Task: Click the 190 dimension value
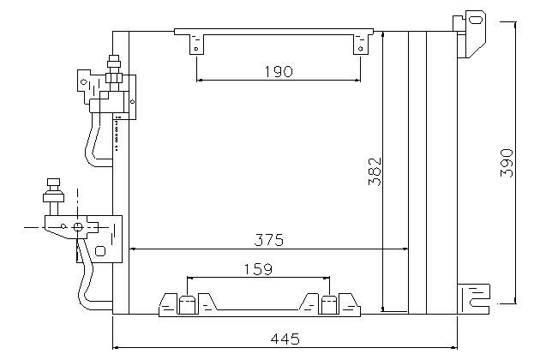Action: click(x=279, y=72)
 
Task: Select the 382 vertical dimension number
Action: click(x=375, y=171)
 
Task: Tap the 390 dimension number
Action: click(x=507, y=163)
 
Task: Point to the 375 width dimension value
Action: click(x=269, y=240)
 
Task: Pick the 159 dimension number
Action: click(x=258, y=269)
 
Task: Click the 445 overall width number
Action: click(x=285, y=339)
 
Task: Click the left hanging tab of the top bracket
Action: click(x=196, y=44)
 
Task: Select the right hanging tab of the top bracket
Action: click(x=361, y=44)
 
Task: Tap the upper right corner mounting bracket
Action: click(x=471, y=33)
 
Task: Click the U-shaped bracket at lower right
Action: click(x=474, y=298)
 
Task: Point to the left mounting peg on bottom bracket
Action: click(x=186, y=305)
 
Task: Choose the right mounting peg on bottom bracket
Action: click(x=328, y=305)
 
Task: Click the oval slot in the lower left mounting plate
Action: click(x=100, y=251)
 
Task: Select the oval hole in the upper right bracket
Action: click(x=477, y=20)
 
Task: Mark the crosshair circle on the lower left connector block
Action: click(x=77, y=227)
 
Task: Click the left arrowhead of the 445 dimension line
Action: click(x=116, y=348)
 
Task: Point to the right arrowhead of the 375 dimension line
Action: click(x=405, y=249)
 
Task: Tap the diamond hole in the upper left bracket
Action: click(x=84, y=82)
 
